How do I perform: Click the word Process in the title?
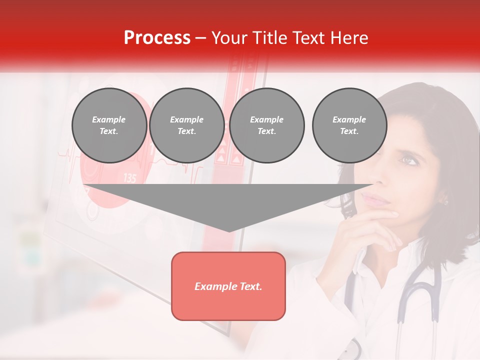click(x=157, y=38)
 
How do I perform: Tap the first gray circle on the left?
click(x=109, y=125)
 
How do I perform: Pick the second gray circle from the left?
click(x=186, y=125)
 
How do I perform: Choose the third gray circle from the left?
click(x=266, y=125)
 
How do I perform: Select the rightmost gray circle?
click(x=349, y=125)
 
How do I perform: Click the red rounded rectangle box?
click(x=228, y=286)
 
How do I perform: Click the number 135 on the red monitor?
click(x=129, y=178)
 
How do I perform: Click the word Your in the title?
click(x=229, y=38)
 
